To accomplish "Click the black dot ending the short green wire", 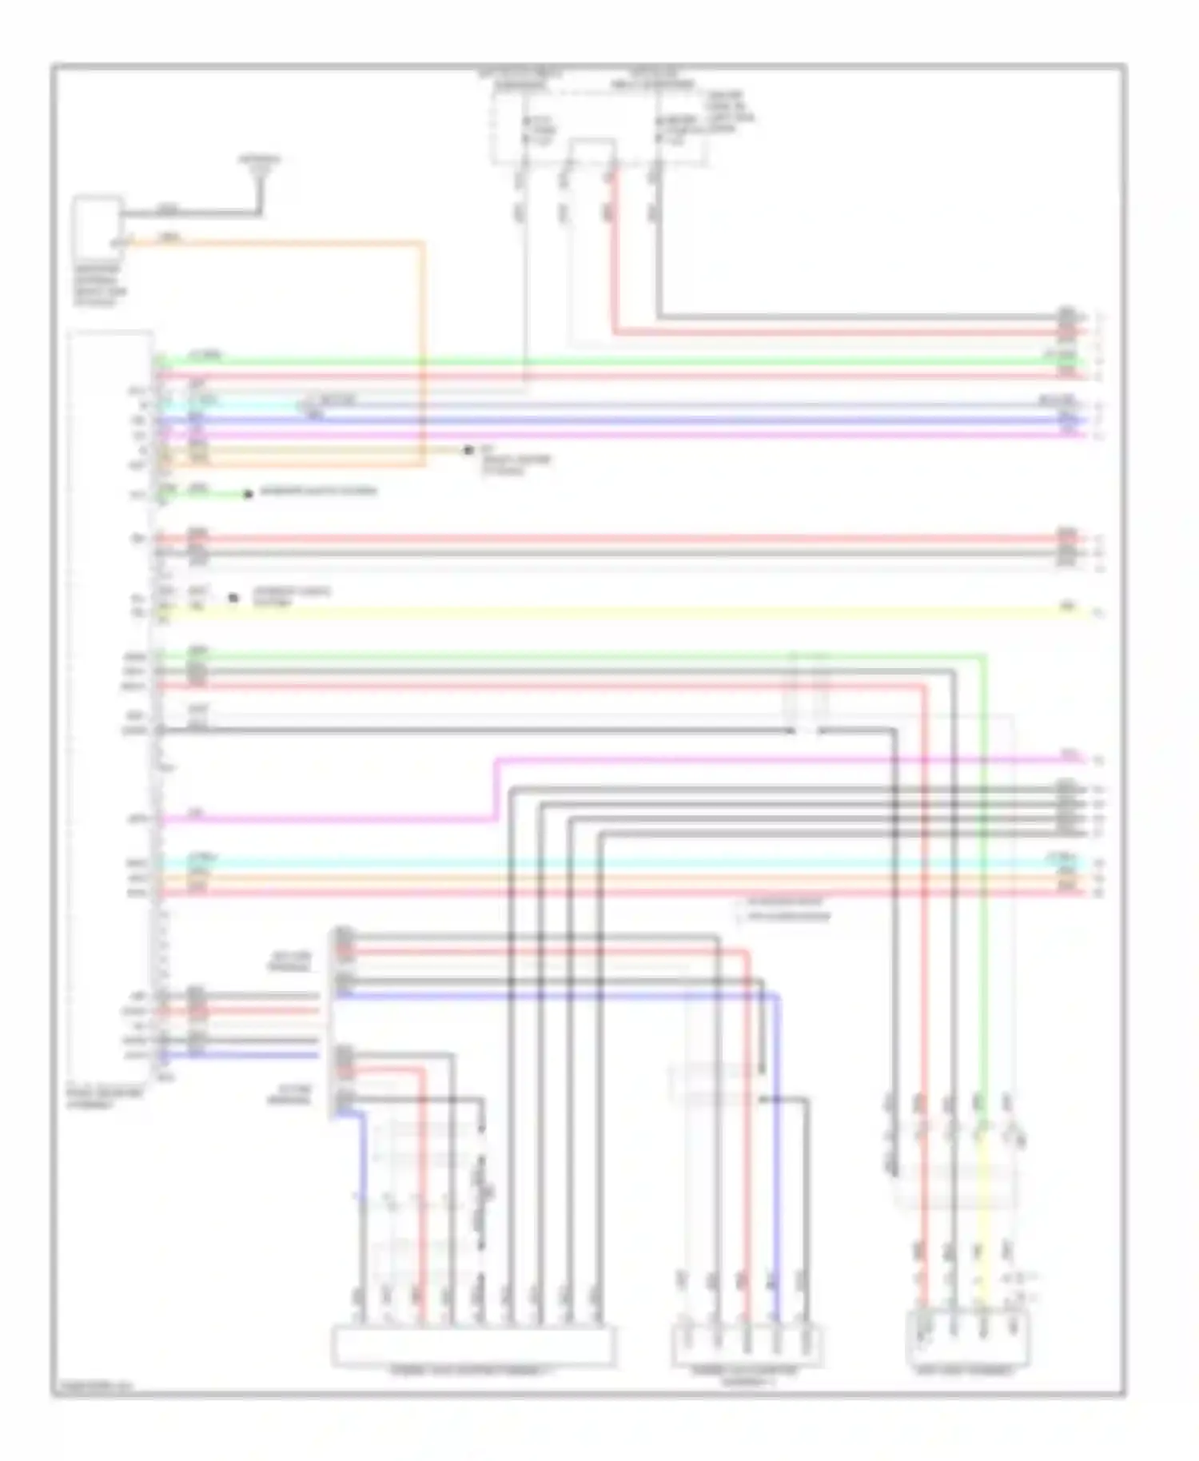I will (x=248, y=495).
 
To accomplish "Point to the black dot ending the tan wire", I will (x=468, y=451).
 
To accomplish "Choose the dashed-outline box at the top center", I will (x=599, y=120).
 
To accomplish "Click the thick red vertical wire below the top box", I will (x=614, y=256).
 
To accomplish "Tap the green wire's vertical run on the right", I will (x=983, y=879).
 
